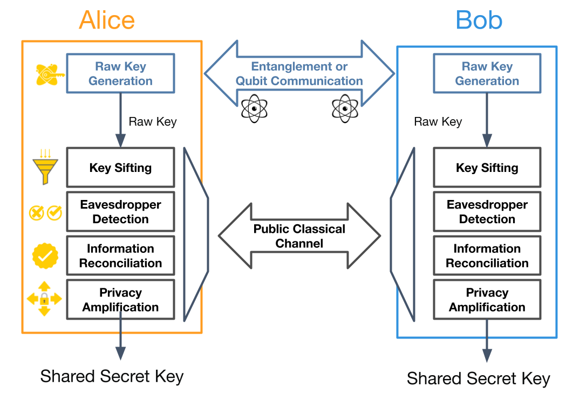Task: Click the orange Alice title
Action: pos(107,20)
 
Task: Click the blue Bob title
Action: pos(479,20)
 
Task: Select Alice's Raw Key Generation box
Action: pos(120,73)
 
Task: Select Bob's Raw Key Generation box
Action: pos(487,73)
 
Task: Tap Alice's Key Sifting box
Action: pos(120,168)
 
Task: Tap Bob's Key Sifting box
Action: pos(487,168)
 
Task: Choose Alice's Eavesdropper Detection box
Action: pos(120,212)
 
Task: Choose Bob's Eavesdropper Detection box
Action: pos(487,212)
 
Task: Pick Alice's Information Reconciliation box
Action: pos(120,256)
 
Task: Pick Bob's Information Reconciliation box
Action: pos(487,256)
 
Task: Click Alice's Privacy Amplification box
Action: pos(120,300)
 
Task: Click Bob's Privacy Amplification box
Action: pos(487,300)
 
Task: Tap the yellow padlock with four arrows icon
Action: pos(44,299)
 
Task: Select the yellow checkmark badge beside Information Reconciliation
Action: pos(45,255)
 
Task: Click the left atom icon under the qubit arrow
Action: pos(254,109)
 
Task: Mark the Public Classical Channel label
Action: pos(299,236)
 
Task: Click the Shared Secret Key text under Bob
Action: pos(478,378)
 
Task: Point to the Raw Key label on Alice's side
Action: pos(153,121)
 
